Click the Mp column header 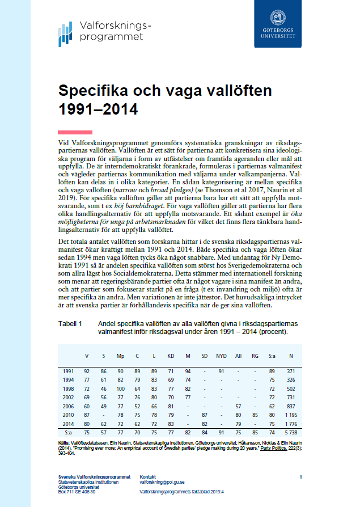(x=120, y=356)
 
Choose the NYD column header (x=222, y=356)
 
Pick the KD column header (x=171, y=356)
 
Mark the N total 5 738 (x=291, y=433)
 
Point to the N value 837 (x=291, y=406)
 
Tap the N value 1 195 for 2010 (x=291, y=416)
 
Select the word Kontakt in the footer (x=148, y=476)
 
